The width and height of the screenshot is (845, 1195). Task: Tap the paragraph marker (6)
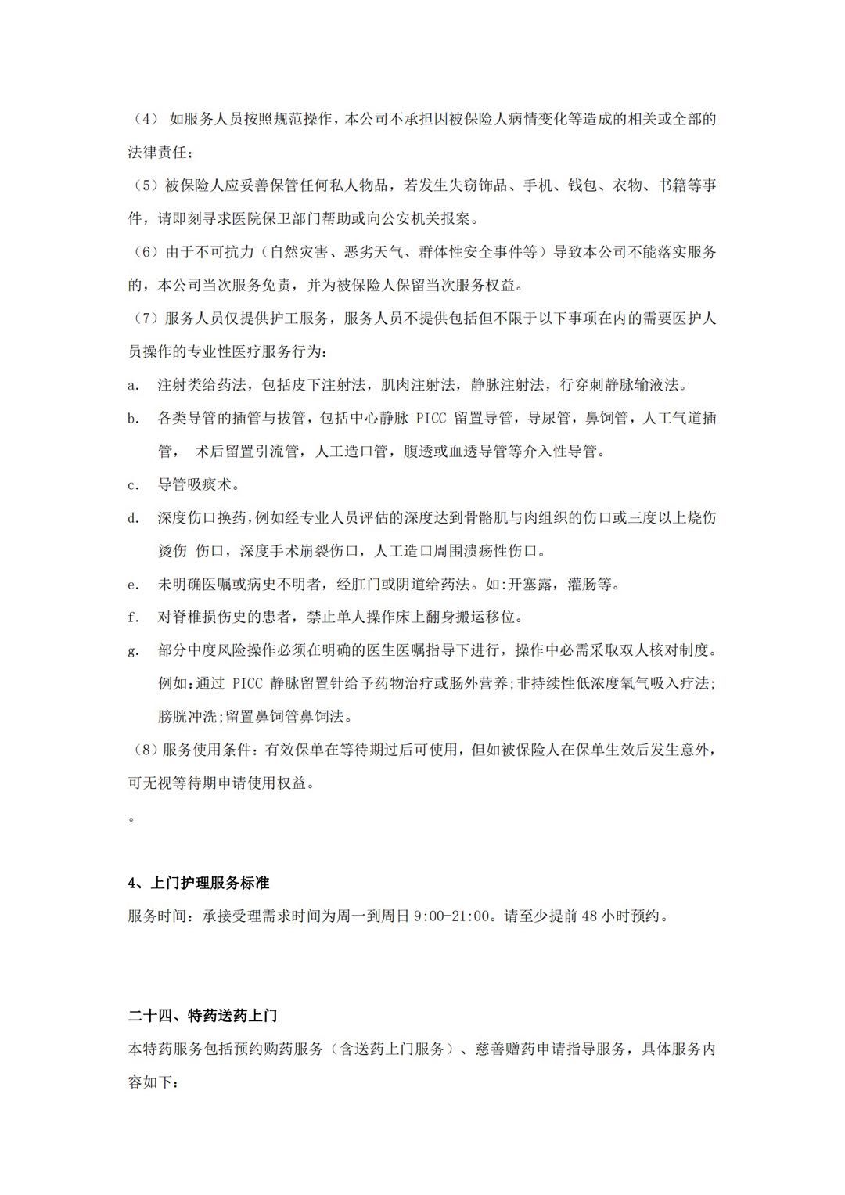pos(143,252)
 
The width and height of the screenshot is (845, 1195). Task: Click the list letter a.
pos(133,385)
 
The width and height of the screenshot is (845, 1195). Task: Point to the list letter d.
pos(133,518)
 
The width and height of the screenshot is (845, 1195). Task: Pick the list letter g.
pos(133,651)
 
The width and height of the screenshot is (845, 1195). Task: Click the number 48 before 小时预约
pos(590,916)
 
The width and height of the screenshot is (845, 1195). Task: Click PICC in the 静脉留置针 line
pos(248,684)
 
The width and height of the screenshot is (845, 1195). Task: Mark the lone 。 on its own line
pos(131,818)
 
